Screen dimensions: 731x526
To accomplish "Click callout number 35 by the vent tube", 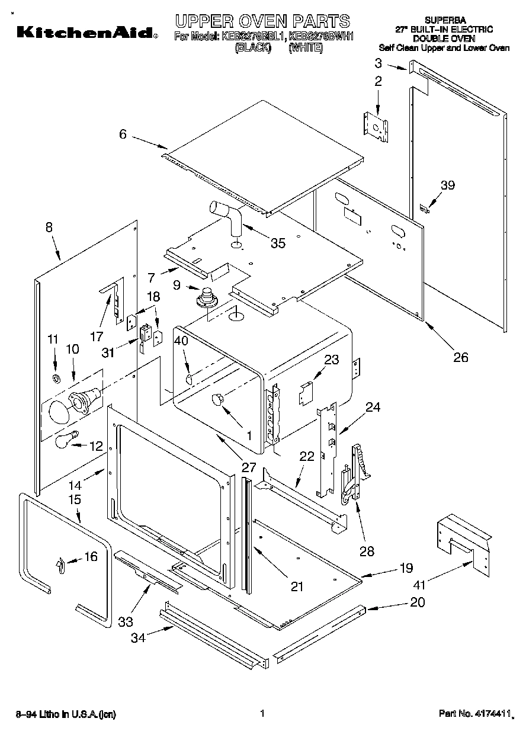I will pyautogui.click(x=278, y=242).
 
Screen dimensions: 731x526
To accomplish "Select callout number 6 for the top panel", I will pyautogui.click(x=123, y=134).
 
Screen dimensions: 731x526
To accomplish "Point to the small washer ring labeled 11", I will pyautogui.click(x=56, y=378).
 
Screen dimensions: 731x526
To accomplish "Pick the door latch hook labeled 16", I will pyautogui.click(x=60, y=566).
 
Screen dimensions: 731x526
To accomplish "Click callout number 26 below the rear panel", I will pyautogui.click(x=460, y=357).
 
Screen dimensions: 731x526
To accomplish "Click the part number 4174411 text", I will pyautogui.click(x=474, y=714).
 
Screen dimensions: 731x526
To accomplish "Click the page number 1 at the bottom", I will pyautogui.click(x=261, y=714).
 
